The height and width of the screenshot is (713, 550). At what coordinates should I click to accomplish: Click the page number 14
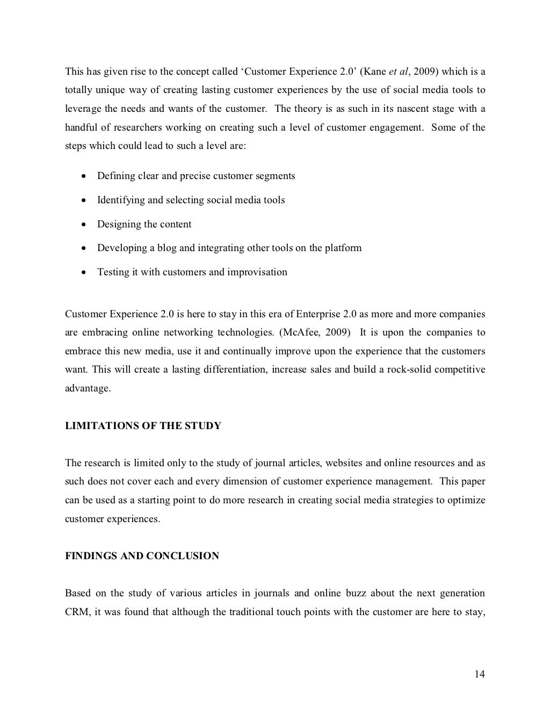[x=480, y=674]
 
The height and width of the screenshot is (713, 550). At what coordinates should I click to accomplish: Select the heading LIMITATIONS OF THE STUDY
[x=143, y=426]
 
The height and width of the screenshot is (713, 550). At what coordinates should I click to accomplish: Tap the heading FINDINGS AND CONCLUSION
[x=142, y=556]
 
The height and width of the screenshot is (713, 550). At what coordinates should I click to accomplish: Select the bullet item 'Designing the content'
[x=144, y=224]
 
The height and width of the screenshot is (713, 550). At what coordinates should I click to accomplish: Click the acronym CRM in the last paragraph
[x=76, y=612]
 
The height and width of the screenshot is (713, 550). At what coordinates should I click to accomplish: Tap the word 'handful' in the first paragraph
[x=82, y=127]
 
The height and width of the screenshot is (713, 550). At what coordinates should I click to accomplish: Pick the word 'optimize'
[x=467, y=500]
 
